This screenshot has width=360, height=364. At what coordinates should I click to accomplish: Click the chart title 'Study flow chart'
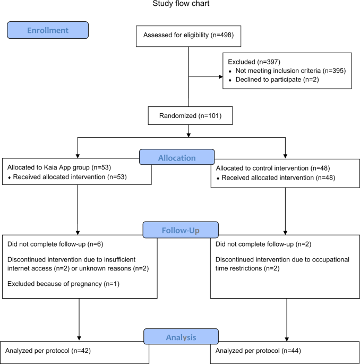pyautogui.click(x=179, y=6)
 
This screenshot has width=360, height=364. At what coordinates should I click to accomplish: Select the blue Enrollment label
pyautogui.click(x=48, y=30)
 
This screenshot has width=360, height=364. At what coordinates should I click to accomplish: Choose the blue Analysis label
pyautogui.click(x=180, y=337)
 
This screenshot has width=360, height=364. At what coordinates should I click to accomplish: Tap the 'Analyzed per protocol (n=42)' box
pyautogui.click(x=74, y=351)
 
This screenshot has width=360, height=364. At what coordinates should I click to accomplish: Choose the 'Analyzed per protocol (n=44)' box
pyautogui.click(x=285, y=351)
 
